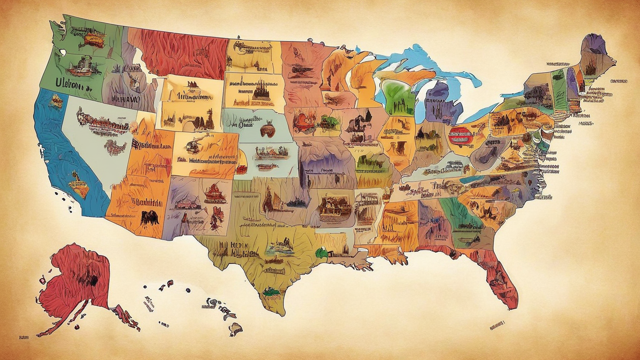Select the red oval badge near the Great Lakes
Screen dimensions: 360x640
click(461, 135)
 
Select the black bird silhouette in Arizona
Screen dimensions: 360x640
click(150, 217)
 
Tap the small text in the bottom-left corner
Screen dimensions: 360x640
click(23, 337)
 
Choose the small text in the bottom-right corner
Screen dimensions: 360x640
click(497, 324)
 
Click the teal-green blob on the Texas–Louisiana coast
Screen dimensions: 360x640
click(321, 253)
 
